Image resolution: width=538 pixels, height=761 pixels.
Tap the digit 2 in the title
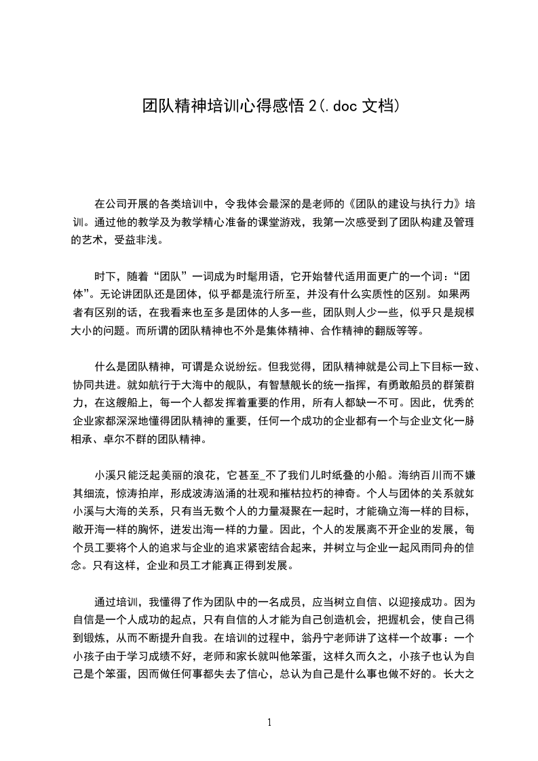pos(312,106)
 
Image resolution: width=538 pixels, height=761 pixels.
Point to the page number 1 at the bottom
pos(269,723)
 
